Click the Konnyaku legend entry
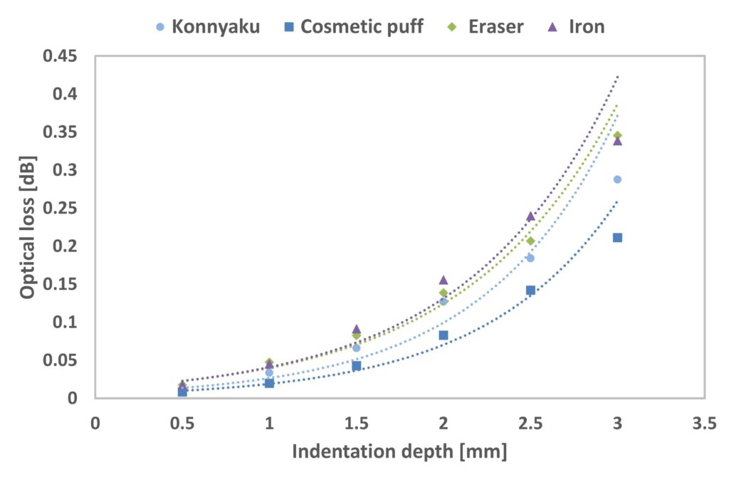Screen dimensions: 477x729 [207, 27]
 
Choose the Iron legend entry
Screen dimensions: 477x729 [577, 27]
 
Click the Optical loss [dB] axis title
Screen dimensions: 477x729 [28, 227]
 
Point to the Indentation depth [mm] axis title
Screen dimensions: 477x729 [399, 451]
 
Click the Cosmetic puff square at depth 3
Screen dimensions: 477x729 [617, 238]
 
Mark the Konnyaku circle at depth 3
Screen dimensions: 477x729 [617, 179]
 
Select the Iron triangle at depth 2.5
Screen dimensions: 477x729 [530, 216]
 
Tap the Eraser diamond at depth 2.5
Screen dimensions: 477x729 [530, 241]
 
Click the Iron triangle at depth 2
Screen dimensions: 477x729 [444, 280]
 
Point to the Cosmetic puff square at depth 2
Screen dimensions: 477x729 [444, 335]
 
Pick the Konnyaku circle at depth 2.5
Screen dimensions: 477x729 [530, 258]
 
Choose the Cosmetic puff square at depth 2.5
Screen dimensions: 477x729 [530, 290]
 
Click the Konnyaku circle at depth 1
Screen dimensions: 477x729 [269, 372]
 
